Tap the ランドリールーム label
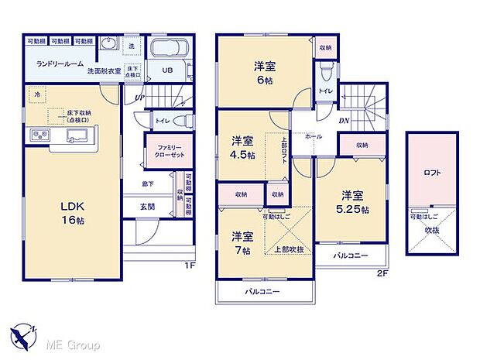[x=60, y=63]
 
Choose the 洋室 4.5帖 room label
[x=242, y=148]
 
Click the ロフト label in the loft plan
[x=432, y=173]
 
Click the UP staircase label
[x=139, y=98]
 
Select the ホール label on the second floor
[x=314, y=136]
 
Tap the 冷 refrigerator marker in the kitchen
[x=36, y=94]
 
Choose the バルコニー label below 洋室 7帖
[x=262, y=292]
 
